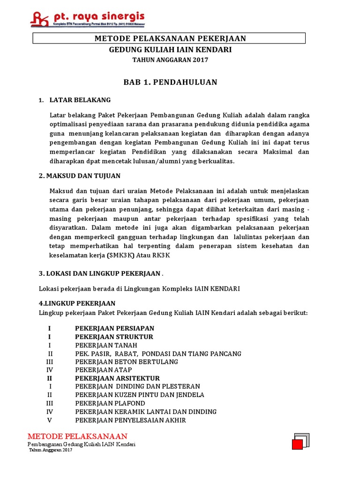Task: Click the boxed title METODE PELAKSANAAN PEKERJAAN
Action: pos(170,38)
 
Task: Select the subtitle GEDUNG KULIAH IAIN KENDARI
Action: pos(170,49)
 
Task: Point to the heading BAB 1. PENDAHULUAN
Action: pos(170,82)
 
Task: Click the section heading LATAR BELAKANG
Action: pos(80,100)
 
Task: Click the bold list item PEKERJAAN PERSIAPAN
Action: pos(114,328)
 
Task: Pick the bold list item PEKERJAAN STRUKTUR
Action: pos(114,337)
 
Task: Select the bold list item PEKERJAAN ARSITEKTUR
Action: pos(117,378)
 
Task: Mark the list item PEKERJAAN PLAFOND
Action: pos(110,403)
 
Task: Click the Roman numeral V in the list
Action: pos(50,420)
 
